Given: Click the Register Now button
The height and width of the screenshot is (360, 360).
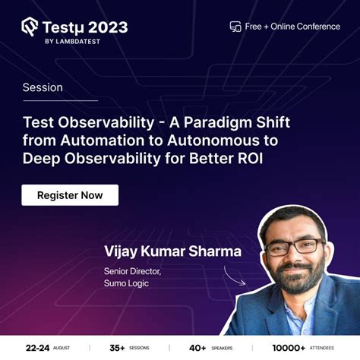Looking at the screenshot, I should point(70,195).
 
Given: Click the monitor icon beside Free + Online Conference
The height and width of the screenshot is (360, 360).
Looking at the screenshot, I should point(235,27).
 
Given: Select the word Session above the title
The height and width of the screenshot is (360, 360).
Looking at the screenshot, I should point(43,87).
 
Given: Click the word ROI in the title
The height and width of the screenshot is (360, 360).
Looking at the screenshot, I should point(257,157).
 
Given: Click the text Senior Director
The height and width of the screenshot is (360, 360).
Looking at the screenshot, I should point(131,270).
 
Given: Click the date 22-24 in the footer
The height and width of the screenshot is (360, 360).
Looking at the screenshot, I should point(37,347).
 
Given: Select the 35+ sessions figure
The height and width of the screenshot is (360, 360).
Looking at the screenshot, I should point(117,347).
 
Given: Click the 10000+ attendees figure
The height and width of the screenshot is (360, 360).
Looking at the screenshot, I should point(289,347).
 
